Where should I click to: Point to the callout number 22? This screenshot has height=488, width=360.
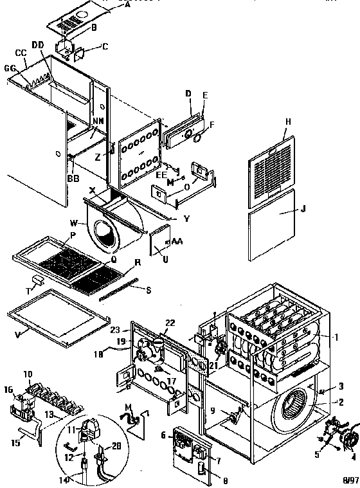170,323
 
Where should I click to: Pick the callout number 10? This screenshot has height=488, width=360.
27,374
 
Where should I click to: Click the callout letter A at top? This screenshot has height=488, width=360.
127,5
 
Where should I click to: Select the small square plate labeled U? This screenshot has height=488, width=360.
158,244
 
